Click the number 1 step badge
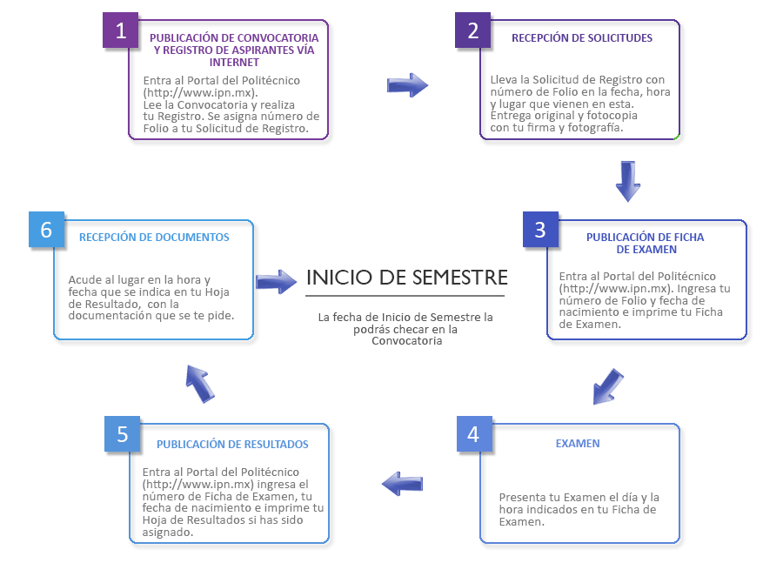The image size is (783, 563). (x=120, y=30)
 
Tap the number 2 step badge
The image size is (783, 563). (x=472, y=30)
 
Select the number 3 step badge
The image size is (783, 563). (x=540, y=230)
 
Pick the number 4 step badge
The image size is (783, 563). (x=474, y=433)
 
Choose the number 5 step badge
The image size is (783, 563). (x=123, y=434)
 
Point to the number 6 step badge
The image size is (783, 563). (x=46, y=230)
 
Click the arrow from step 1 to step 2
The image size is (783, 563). (x=407, y=85)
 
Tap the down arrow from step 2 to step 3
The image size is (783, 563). (x=627, y=181)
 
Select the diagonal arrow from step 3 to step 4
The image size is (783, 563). (x=608, y=386)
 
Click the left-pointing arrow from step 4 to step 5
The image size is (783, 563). (x=403, y=484)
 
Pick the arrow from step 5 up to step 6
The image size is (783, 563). (x=200, y=383)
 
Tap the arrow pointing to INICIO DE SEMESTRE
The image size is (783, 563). (x=276, y=282)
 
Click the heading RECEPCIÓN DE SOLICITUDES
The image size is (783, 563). (x=582, y=38)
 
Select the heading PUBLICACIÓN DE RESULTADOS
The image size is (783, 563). (x=232, y=444)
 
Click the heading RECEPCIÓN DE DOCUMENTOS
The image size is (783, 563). (x=154, y=238)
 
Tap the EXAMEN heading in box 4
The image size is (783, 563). (x=578, y=443)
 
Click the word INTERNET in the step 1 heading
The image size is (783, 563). (x=234, y=63)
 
